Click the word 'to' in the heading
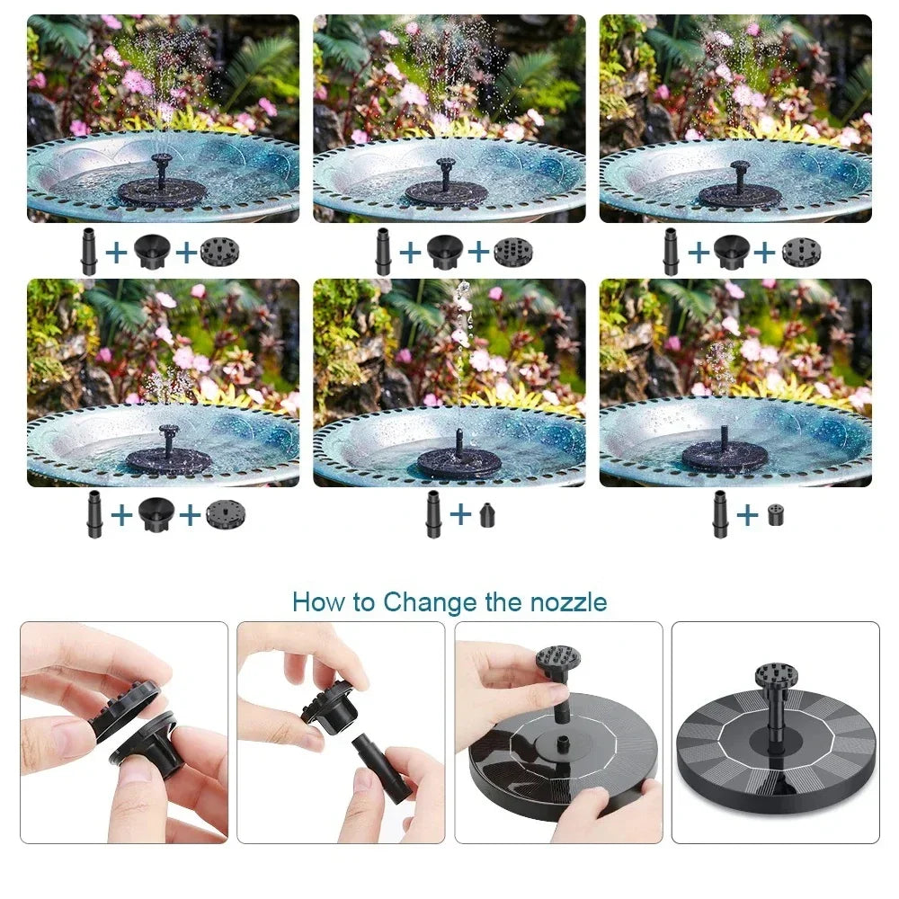[x=363, y=601]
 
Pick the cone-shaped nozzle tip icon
[x=486, y=515]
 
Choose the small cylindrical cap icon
[x=775, y=515]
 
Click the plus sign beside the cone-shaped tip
[x=459, y=514]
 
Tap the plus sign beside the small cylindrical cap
[x=747, y=514]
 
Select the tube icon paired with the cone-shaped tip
[x=433, y=514]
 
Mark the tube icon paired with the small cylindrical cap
[x=719, y=514]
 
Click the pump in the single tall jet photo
[x=458, y=460]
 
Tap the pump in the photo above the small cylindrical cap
[x=724, y=455]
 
